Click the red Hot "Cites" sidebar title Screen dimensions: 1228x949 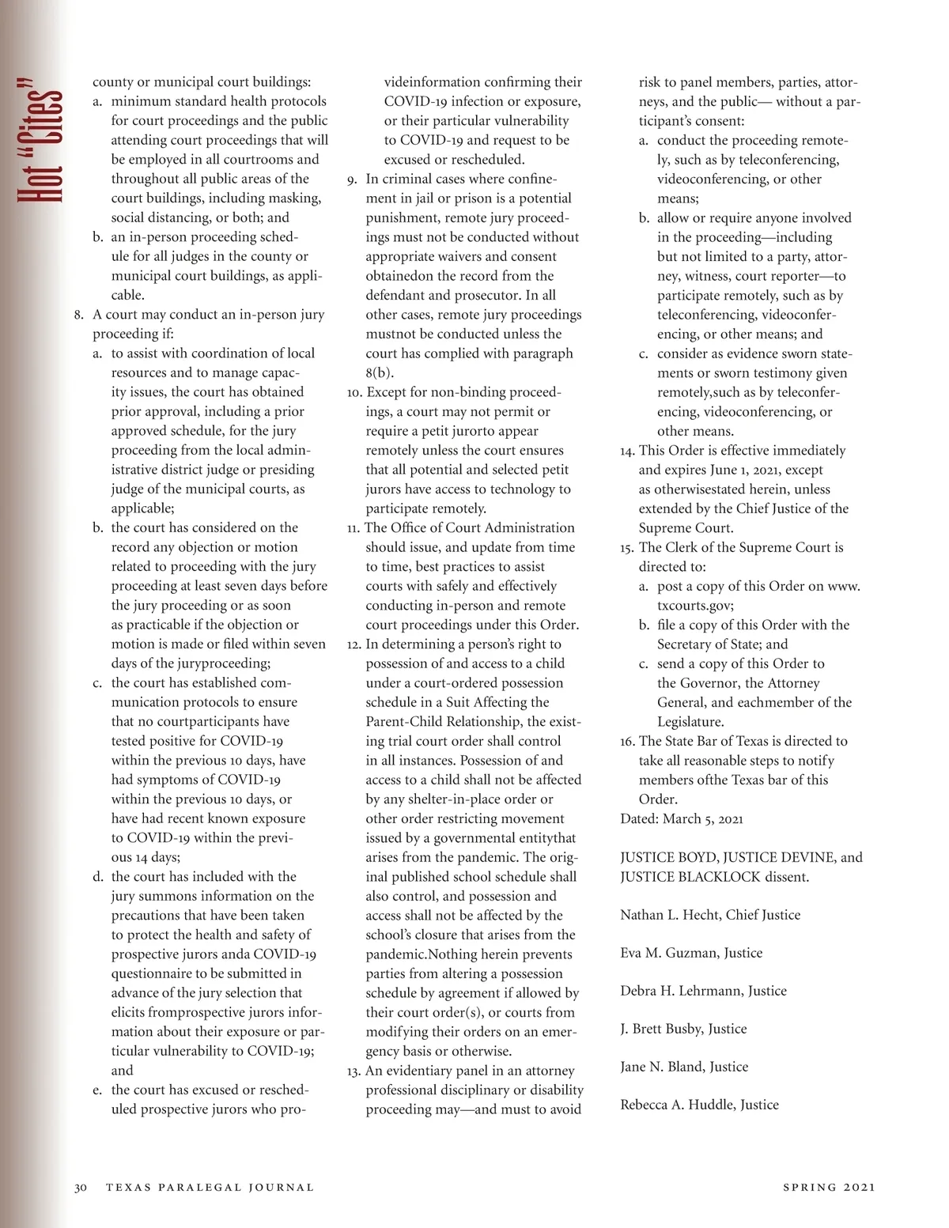pyautogui.click(x=40, y=141)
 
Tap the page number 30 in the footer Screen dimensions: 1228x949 pyautogui.click(x=81, y=1187)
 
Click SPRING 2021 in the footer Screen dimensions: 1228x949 pyautogui.click(x=829, y=1187)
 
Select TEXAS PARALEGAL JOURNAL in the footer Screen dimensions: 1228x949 pyautogui.click(x=210, y=1187)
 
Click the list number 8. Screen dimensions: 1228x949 pyautogui.click(x=79, y=315)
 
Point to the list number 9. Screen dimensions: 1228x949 pyautogui.click(x=352, y=179)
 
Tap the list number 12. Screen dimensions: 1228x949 pyautogui.click(x=353, y=644)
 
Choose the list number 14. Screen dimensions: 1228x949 pyautogui.click(x=627, y=451)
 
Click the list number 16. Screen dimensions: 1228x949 pyautogui.click(x=627, y=742)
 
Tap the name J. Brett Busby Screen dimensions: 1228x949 pyautogui.click(x=662, y=1029)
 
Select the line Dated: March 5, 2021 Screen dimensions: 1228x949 pyautogui.click(x=682, y=819)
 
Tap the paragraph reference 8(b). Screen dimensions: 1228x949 pyautogui.click(x=380, y=372)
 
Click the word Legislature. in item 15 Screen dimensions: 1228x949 pyautogui.click(x=690, y=722)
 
